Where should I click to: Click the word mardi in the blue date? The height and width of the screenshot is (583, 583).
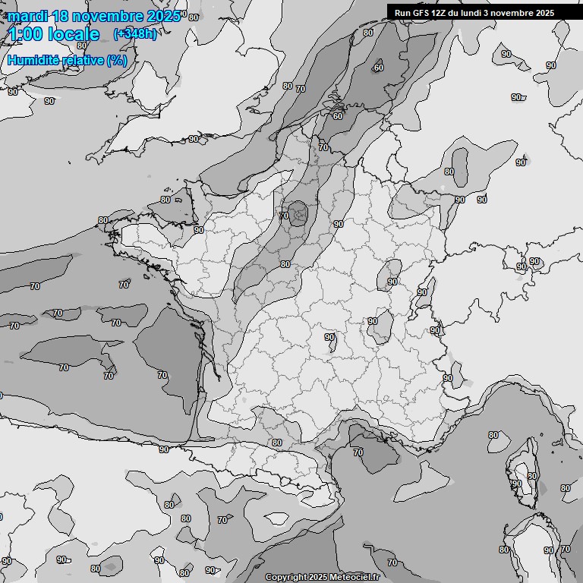click(27, 16)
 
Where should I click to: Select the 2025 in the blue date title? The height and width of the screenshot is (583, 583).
click(162, 16)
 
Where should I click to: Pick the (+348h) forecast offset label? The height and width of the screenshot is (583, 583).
click(134, 34)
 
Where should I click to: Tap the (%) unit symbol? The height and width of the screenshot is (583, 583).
click(117, 60)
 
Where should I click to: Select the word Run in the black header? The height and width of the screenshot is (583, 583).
click(402, 12)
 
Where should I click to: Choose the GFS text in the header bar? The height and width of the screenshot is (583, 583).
click(421, 12)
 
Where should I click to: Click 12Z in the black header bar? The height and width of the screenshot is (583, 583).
click(440, 12)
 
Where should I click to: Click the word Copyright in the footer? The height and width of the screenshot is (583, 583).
click(285, 578)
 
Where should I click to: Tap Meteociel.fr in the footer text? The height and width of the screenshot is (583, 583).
click(354, 578)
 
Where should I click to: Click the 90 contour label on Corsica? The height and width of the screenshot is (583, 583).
click(517, 484)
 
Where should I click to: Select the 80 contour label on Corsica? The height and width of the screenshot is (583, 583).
click(532, 476)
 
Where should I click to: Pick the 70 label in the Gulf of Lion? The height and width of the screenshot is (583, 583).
click(358, 452)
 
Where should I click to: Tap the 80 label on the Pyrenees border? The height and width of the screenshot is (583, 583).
click(276, 443)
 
